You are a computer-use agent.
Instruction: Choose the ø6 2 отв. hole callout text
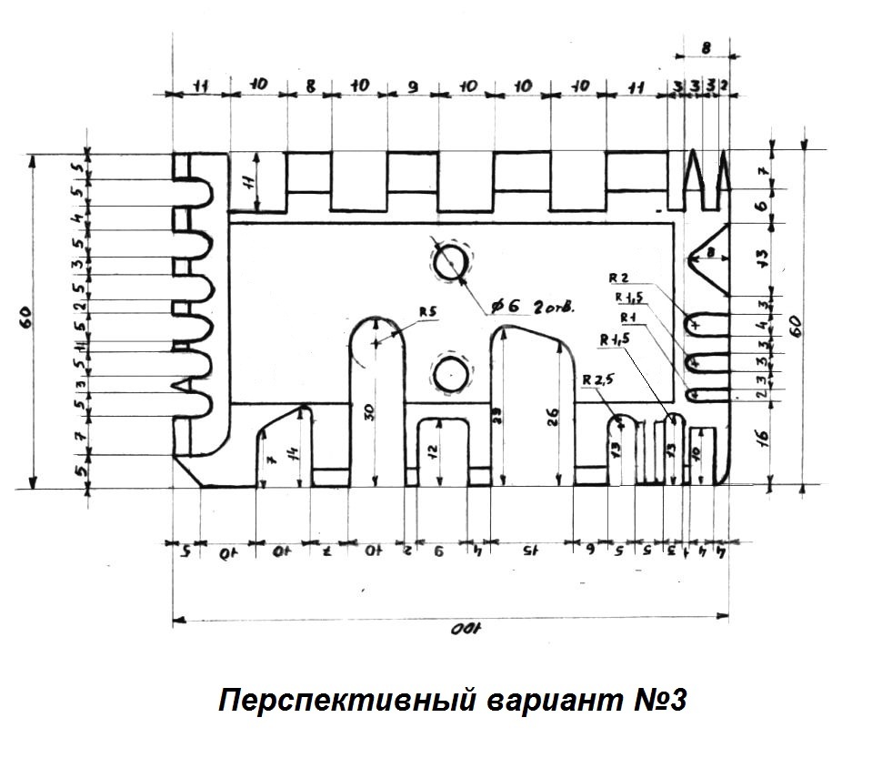[532, 308]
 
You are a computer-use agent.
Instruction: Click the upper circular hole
[452, 263]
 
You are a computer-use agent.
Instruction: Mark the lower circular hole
[451, 373]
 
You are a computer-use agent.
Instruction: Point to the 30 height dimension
[367, 411]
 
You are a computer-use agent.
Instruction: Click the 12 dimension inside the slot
[436, 451]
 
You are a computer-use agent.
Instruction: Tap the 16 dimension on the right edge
[764, 438]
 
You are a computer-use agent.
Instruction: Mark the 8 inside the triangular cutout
[711, 251]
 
